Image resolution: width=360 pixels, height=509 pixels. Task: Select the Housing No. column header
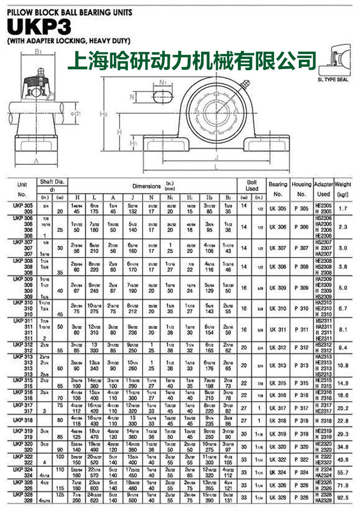click(301, 189)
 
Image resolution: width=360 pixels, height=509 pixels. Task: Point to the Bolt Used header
click(252, 185)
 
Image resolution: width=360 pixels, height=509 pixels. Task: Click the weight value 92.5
click(343, 497)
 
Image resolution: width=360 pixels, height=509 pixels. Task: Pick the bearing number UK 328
click(278, 497)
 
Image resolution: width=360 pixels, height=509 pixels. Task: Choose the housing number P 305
click(301, 209)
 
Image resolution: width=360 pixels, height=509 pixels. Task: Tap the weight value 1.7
click(343, 209)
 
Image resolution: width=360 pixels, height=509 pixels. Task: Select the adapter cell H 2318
click(323, 420)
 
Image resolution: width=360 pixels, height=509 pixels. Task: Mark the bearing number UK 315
click(278, 383)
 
